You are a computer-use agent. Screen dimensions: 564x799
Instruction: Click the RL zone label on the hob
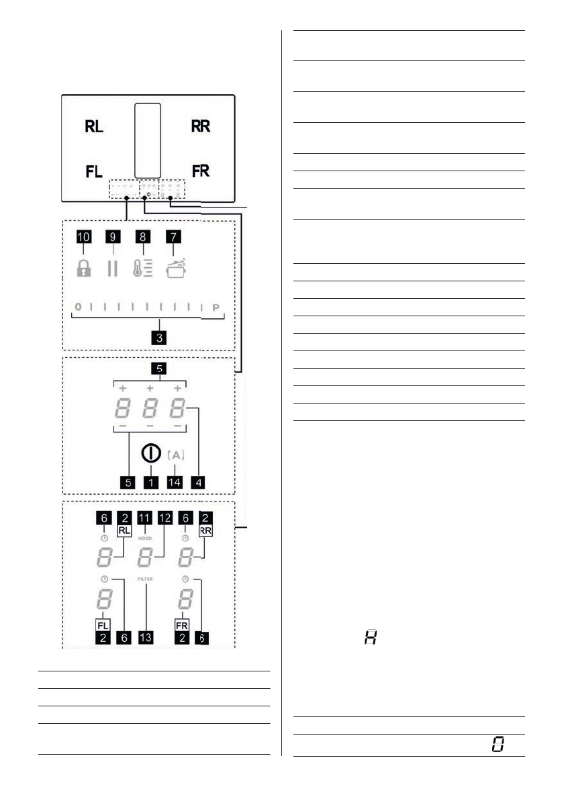click(94, 126)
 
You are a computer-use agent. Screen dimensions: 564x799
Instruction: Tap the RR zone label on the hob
click(200, 126)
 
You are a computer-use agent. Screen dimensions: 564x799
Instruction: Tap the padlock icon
click(83, 268)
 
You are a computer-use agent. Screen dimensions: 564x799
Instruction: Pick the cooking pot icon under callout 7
click(175, 267)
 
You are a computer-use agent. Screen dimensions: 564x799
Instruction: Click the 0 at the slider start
click(77, 307)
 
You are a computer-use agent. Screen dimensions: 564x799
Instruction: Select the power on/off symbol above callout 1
click(150, 454)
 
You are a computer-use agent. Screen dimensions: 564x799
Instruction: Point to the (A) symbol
click(175, 455)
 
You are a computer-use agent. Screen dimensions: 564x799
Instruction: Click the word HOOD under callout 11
click(146, 538)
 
